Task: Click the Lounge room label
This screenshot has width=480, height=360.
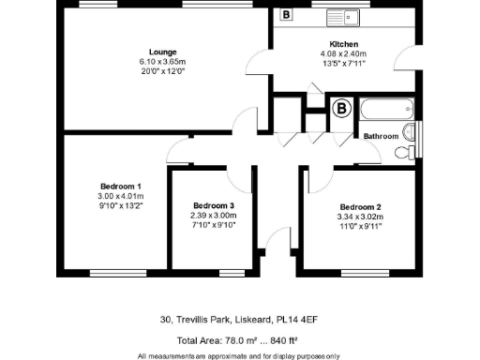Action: (163, 51)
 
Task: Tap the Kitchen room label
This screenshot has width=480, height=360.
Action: (343, 44)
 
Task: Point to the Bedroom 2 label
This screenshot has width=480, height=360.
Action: (362, 206)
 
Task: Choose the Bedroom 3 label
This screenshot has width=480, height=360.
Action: (213, 205)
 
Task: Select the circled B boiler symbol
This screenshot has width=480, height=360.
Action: (343, 109)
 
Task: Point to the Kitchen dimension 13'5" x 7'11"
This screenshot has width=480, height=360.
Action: (343, 65)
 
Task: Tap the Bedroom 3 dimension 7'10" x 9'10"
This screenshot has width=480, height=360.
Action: (213, 226)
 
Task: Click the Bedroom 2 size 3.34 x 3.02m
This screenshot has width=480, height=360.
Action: (362, 217)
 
